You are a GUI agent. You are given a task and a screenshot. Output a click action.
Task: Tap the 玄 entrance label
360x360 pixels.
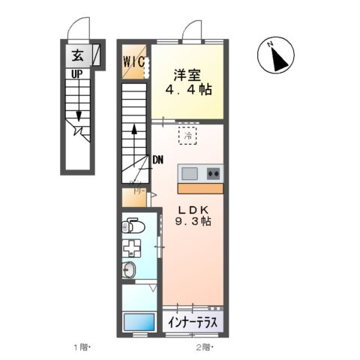pos(78,55)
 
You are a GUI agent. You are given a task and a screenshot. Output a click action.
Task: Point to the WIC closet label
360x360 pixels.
pos(135,61)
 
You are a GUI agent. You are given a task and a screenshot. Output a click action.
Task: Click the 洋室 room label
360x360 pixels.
pos(187,76)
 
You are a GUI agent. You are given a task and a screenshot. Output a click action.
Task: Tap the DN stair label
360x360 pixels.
pos(158,159)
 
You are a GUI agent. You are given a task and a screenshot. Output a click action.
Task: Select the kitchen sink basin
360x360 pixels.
pos(190,173)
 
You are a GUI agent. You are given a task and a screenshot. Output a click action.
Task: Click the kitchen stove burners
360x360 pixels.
pos(213,173)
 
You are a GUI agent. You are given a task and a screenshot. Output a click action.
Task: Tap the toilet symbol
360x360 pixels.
pos(133,224)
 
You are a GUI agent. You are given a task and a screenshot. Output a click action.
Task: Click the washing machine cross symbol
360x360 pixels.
pos(133,248)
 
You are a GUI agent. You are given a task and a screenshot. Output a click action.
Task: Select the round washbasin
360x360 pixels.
pos(130,271)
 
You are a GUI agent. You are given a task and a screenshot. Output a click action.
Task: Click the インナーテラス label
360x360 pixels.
pos(192,323)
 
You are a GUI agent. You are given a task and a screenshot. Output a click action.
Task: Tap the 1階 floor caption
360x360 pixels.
pos(80,347)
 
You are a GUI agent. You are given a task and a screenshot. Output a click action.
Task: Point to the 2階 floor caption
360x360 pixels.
pos(204,347)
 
